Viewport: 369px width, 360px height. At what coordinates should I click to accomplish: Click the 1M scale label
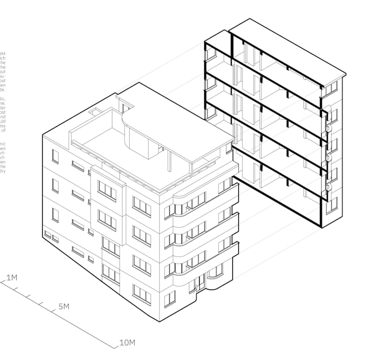tap(11, 278)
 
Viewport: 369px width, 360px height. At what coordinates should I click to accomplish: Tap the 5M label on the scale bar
tap(63, 307)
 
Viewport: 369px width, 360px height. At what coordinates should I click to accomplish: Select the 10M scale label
tap(127, 343)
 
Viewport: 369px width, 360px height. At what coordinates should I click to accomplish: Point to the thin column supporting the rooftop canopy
tap(171, 160)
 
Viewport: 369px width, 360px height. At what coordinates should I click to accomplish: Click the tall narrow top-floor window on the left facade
tap(55, 156)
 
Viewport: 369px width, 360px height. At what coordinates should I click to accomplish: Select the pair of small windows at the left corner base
tap(51, 236)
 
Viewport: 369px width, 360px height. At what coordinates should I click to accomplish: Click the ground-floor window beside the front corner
tap(170, 298)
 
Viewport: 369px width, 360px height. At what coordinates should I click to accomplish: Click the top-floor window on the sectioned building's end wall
tap(333, 87)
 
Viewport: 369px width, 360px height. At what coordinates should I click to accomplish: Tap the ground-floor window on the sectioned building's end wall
tap(333, 203)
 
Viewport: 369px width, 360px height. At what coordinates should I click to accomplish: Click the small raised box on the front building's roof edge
tap(96, 112)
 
